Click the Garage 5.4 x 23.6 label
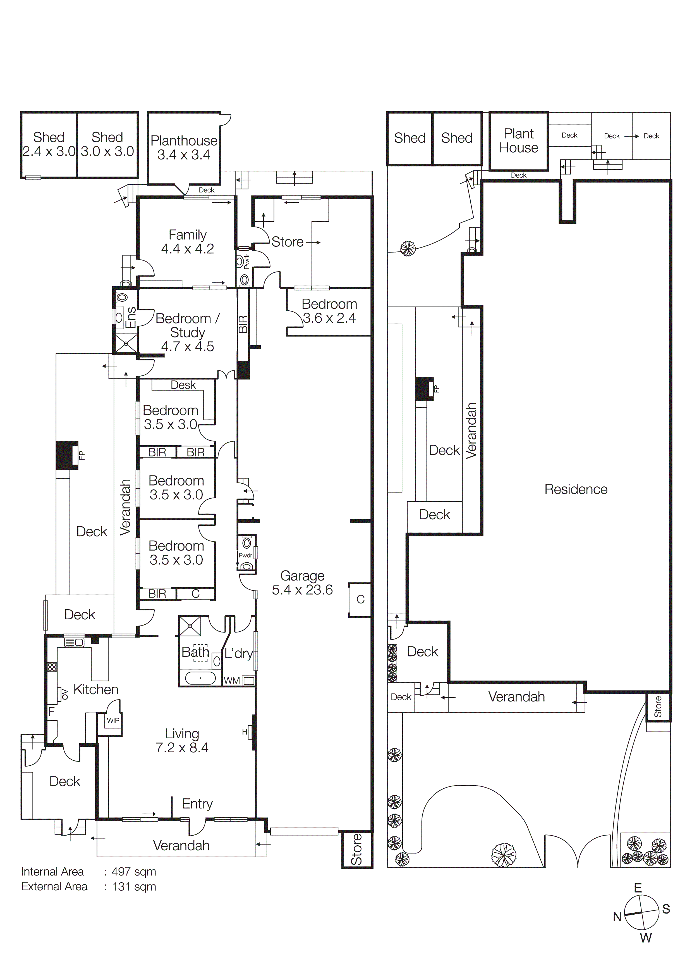coord(302,583)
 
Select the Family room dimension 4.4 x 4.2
coord(187,249)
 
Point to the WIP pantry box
coord(113,720)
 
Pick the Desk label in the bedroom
coord(183,385)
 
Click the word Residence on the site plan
coord(576,489)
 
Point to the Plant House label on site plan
coord(518,141)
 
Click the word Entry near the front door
coord(197,804)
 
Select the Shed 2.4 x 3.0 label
coord(49,144)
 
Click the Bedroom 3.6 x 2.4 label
coord(329,311)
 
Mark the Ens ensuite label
coord(131,318)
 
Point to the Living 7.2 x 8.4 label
coord(182,741)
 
